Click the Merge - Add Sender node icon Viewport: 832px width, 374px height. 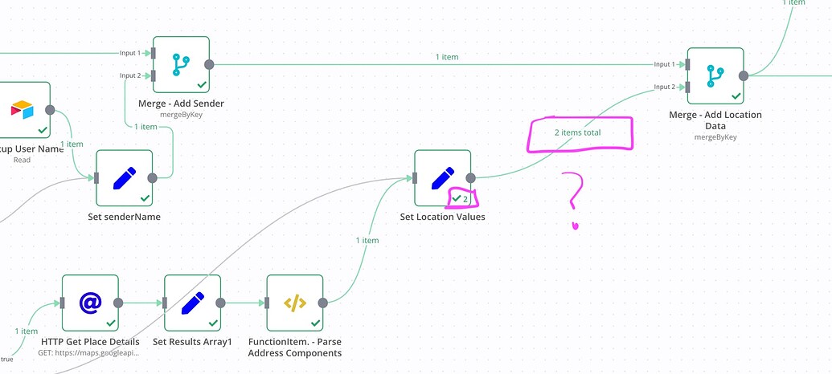(x=181, y=64)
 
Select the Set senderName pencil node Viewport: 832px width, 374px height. (x=124, y=177)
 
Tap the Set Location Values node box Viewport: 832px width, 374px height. (x=442, y=177)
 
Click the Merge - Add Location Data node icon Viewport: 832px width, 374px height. (x=715, y=75)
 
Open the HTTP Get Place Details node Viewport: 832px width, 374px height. (x=90, y=303)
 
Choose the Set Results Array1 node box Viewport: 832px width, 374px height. (x=192, y=303)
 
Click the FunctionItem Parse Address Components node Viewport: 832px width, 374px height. (x=294, y=303)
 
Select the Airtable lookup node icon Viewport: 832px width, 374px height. (x=23, y=109)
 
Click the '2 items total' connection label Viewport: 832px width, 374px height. (x=577, y=132)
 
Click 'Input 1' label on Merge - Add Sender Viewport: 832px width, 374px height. (x=130, y=53)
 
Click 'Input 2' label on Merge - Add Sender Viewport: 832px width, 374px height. (x=130, y=75)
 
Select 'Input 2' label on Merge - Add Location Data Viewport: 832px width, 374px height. (x=664, y=87)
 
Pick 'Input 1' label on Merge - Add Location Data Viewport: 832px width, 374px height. (x=664, y=64)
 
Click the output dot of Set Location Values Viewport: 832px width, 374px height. (x=471, y=178)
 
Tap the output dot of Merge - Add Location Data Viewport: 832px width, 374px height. (x=744, y=75)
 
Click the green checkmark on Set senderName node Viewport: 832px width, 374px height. (x=145, y=197)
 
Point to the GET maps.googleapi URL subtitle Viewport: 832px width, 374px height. (x=88, y=352)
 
